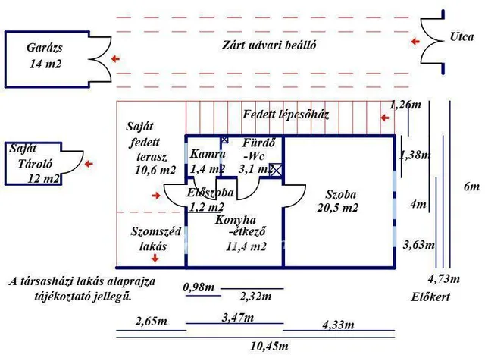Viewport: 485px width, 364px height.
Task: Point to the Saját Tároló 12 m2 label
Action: [x=33, y=164]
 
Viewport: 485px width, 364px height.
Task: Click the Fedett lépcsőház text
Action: [x=285, y=115]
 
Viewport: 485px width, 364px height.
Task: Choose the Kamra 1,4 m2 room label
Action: [x=208, y=161]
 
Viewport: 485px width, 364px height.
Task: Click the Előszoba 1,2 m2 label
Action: [x=208, y=199]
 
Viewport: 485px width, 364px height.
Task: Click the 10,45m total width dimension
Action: [x=268, y=346]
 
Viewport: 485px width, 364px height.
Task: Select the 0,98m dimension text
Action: [x=199, y=287]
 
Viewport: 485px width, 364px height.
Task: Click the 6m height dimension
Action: [x=471, y=187]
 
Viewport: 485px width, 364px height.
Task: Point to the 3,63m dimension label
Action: [x=419, y=244]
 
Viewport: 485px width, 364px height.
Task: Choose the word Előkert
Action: [x=430, y=297]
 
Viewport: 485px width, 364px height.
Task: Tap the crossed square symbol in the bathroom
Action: [x=277, y=171]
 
